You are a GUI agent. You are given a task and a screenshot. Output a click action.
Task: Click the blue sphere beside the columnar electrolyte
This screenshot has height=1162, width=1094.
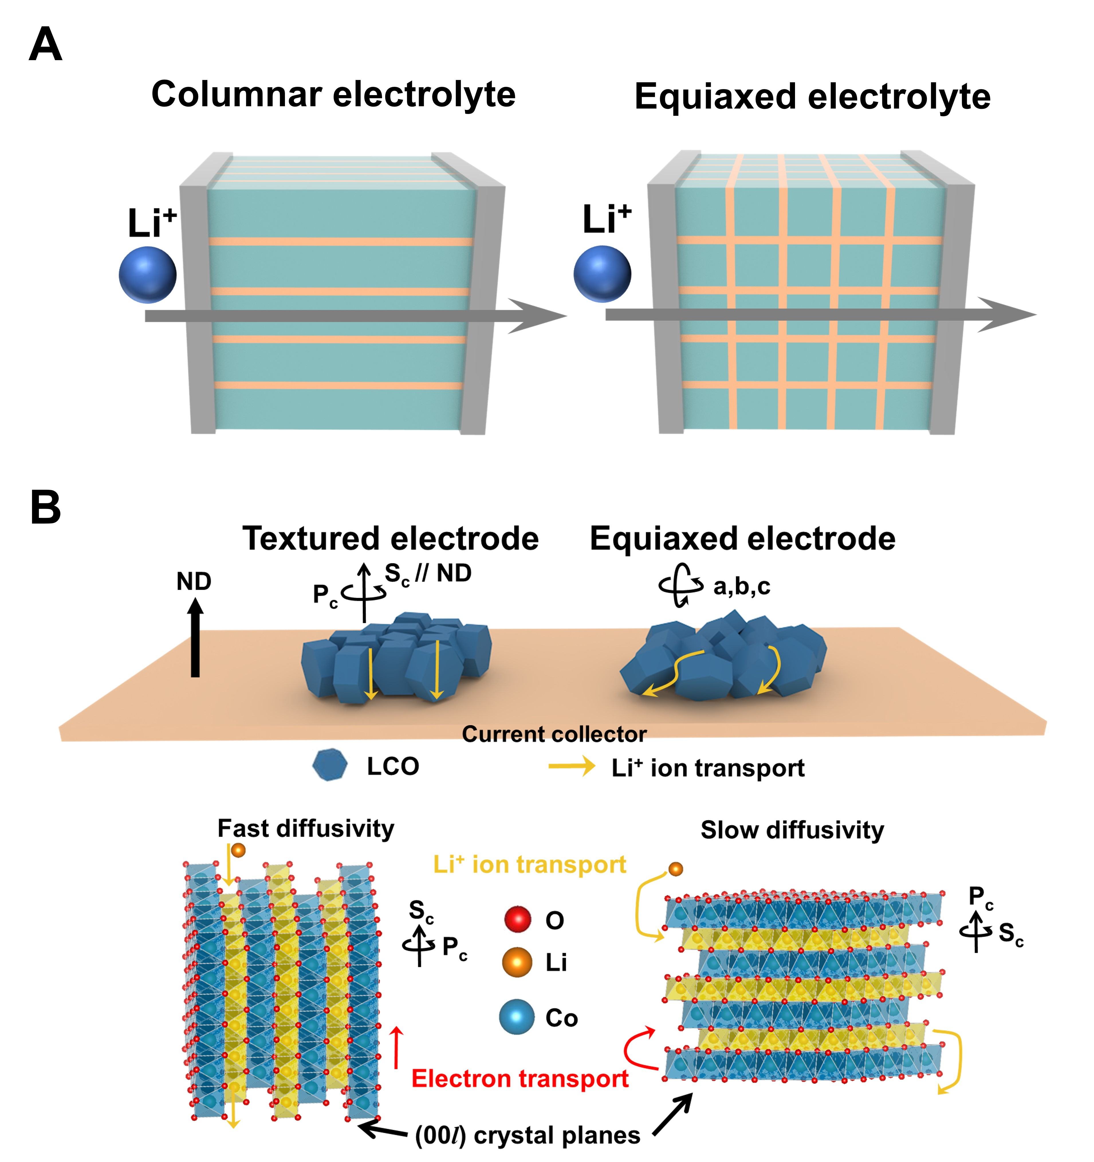tap(147, 275)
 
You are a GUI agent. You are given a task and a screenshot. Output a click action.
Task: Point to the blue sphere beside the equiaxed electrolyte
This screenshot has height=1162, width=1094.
tap(602, 274)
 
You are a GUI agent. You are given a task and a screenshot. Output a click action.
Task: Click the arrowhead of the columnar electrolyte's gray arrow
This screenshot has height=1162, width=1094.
tap(541, 316)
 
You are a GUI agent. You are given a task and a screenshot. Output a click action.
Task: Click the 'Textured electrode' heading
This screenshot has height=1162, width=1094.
tap(390, 538)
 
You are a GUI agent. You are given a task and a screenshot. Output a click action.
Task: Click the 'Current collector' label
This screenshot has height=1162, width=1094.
tap(554, 734)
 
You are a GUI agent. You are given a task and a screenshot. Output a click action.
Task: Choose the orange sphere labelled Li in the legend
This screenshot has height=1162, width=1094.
tap(517, 962)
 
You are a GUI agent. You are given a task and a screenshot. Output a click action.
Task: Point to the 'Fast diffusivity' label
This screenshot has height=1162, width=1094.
tap(306, 828)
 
